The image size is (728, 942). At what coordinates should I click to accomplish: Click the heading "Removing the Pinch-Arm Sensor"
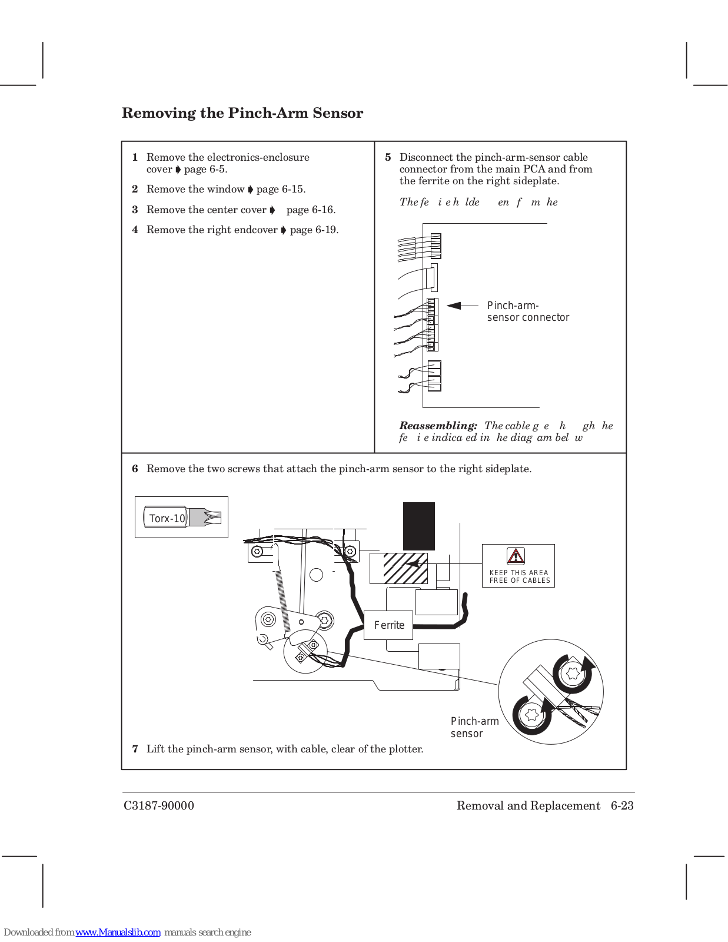pyautogui.click(x=242, y=113)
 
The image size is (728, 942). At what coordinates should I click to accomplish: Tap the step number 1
pyautogui.click(x=135, y=157)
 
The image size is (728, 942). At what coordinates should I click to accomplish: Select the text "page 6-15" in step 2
pyautogui.click(x=281, y=189)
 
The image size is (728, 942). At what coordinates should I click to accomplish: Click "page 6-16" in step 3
pyautogui.click(x=311, y=210)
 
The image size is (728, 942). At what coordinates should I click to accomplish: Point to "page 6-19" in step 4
pyautogui.click(x=314, y=230)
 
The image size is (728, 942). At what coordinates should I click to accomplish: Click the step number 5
pyautogui.click(x=388, y=157)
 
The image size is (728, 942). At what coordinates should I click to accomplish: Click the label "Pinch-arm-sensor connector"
pyautogui.click(x=527, y=311)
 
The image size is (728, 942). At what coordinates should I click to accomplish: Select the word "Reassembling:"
pyautogui.click(x=438, y=426)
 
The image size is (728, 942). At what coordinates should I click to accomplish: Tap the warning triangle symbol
pyautogui.click(x=516, y=556)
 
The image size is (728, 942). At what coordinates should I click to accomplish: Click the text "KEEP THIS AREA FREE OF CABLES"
pyautogui.click(x=519, y=576)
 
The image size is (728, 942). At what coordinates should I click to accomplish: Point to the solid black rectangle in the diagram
pyautogui.click(x=418, y=526)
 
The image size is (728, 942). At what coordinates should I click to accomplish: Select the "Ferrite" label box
pyautogui.click(x=389, y=625)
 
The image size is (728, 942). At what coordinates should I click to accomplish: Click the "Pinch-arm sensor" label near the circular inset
pyautogui.click(x=474, y=727)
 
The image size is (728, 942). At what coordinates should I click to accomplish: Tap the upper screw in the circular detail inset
pyautogui.click(x=573, y=672)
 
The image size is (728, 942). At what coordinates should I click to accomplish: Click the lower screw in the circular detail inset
pyautogui.click(x=532, y=715)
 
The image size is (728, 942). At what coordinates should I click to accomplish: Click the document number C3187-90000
pyautogui.click(x=158, y=805)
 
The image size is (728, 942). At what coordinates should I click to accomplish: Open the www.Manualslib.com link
pyautogui.click(x=118, y=932)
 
